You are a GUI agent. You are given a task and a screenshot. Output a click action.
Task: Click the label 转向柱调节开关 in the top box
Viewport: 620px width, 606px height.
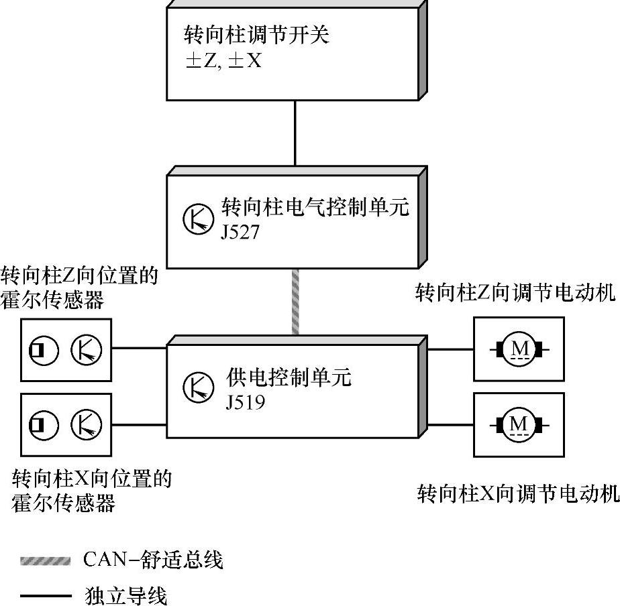(x=257, y=35)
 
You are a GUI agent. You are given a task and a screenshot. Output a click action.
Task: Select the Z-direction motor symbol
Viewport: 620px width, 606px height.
(x=519, y=349)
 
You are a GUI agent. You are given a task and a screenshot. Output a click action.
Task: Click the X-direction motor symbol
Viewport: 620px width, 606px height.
(x=519, y=424)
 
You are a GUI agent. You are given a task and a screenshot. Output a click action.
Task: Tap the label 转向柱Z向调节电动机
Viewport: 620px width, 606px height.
(x=515, y=293)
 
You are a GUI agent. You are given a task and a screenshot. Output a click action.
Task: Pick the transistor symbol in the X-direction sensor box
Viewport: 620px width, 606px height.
(x=87, y=424)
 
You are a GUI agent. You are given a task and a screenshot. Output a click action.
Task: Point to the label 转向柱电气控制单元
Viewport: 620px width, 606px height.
(x=315, y=208)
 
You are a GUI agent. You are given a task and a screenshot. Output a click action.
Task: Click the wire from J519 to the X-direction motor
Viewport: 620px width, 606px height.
(x=450, y=424)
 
